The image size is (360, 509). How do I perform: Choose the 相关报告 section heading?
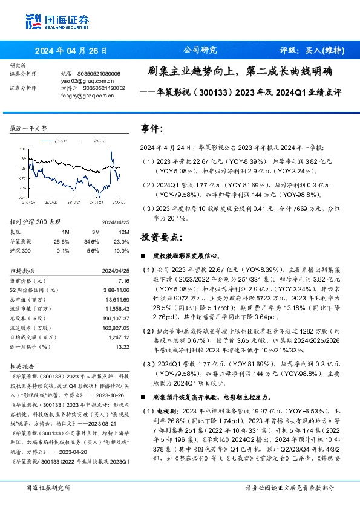coord(24,366)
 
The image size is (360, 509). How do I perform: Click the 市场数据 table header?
coord(24,270)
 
